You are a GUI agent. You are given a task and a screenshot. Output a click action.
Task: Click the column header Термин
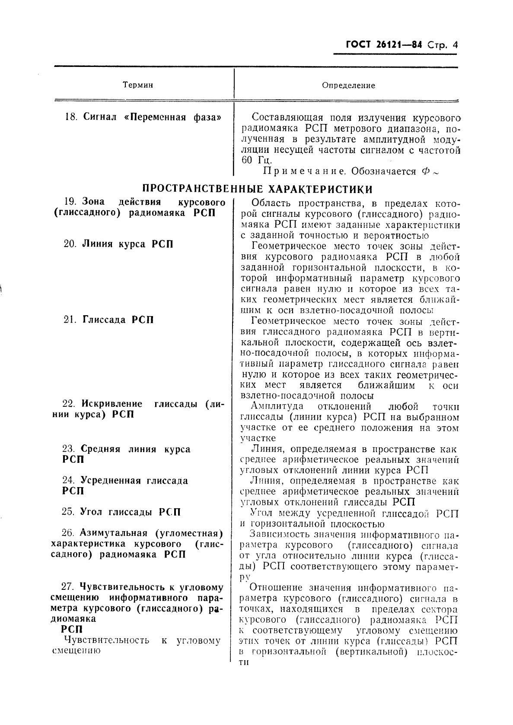click(138, 85)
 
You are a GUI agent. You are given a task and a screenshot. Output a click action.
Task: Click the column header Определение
click(348, 85)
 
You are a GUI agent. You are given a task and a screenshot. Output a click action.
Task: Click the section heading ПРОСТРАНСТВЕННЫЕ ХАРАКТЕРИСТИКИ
click(258, 190)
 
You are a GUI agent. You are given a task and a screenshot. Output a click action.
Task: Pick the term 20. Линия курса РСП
click(118, 244)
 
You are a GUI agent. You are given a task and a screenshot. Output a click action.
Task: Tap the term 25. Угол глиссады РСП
click(121, 512)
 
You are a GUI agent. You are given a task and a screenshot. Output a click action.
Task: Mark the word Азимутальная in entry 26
click(114, 533)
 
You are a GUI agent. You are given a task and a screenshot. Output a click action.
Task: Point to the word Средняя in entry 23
click(102, 449)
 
